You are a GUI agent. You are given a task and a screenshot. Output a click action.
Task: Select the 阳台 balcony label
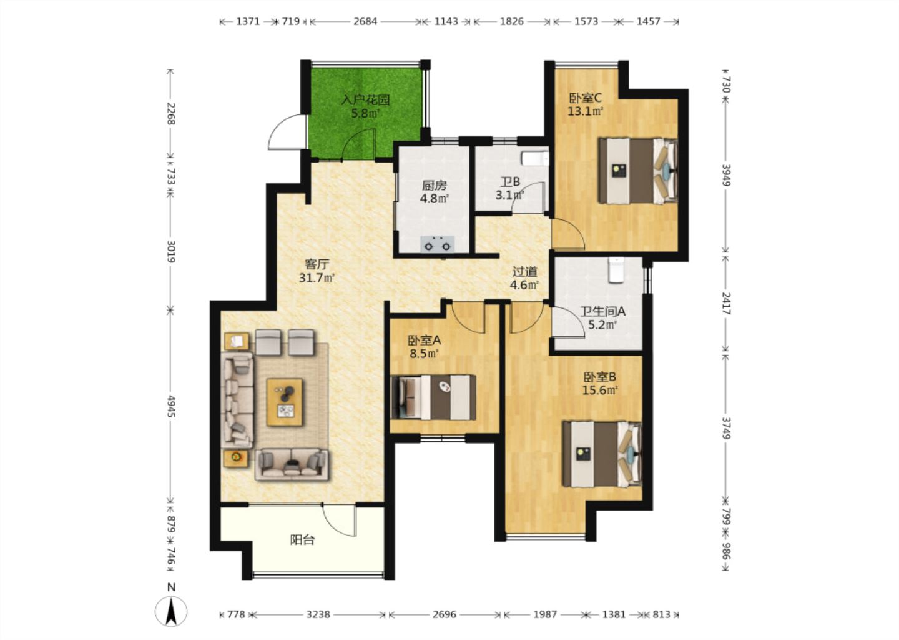tap(302, 540)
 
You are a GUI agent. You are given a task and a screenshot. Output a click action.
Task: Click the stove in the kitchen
tap(438, 244)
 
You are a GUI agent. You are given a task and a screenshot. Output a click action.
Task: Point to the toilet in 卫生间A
tap(616, 271)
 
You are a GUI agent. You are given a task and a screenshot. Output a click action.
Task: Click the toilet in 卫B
tap(535, 158)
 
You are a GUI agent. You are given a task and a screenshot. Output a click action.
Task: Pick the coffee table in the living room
tap(285, 402)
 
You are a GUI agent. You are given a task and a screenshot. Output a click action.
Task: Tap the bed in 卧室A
tap(433, 397)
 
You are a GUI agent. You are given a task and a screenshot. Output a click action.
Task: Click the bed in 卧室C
tap(638, 171)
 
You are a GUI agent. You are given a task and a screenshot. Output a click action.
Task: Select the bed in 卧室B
tap(602, 454)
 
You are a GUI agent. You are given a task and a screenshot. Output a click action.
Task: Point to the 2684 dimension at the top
tap(365, 21)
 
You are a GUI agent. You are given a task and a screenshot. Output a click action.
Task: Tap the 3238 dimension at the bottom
tap(318, 614)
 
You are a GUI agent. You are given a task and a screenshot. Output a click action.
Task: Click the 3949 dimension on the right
tap(726, 175)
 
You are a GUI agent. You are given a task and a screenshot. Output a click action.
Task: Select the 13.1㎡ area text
tap(586, 111)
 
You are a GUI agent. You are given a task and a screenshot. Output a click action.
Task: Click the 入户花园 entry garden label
tap(365, 99)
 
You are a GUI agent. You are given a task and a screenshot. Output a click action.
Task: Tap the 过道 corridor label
tap(524, 272)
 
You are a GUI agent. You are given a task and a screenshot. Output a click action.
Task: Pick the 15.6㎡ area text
tap(600, 390)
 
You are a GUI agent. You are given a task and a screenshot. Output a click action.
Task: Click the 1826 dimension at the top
tap(512, 21)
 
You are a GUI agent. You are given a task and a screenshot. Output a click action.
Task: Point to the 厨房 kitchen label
tap(435, 186)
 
